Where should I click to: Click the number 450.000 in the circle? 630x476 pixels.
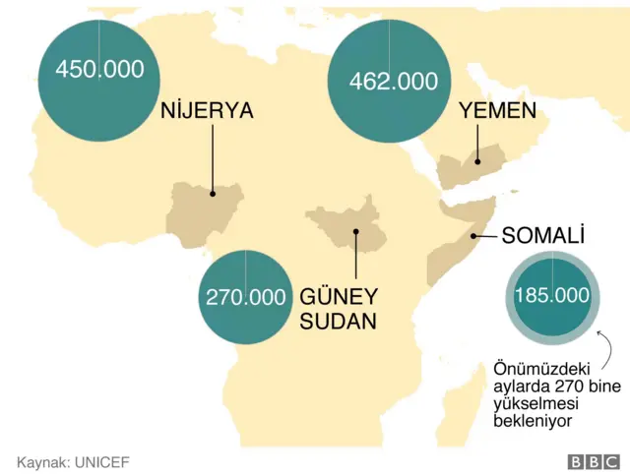coord(99,70)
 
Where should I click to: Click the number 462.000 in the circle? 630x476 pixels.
coord(394,82)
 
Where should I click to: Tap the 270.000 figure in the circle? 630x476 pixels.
coord(246,296)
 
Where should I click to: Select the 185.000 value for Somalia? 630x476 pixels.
coord(552,295)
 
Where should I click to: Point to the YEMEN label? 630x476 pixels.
coord(498,111)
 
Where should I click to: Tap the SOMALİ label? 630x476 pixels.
coord(543,236)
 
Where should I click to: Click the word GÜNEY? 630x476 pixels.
coord(338,295)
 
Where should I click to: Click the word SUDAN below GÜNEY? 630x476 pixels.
coord(338,321)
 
